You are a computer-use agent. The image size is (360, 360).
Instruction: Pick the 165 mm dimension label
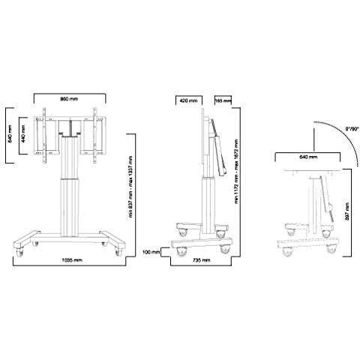coord(222,100)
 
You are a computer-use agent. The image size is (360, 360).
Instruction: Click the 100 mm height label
coord(151,252)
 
